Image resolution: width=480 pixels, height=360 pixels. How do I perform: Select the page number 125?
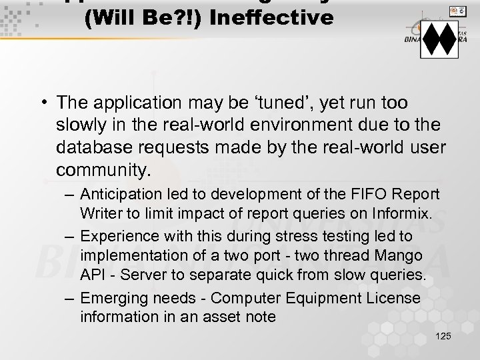442,336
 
